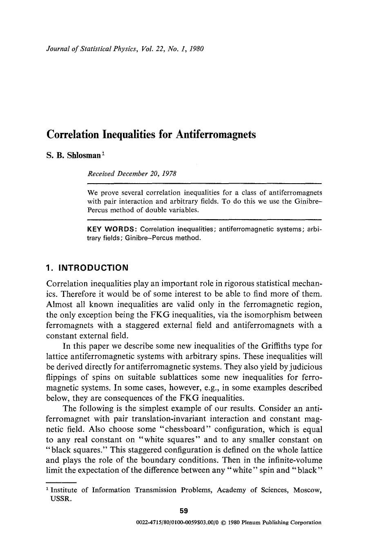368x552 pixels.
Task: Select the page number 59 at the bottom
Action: tap(184, 511)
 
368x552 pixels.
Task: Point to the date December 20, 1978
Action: tap(147, 173)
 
